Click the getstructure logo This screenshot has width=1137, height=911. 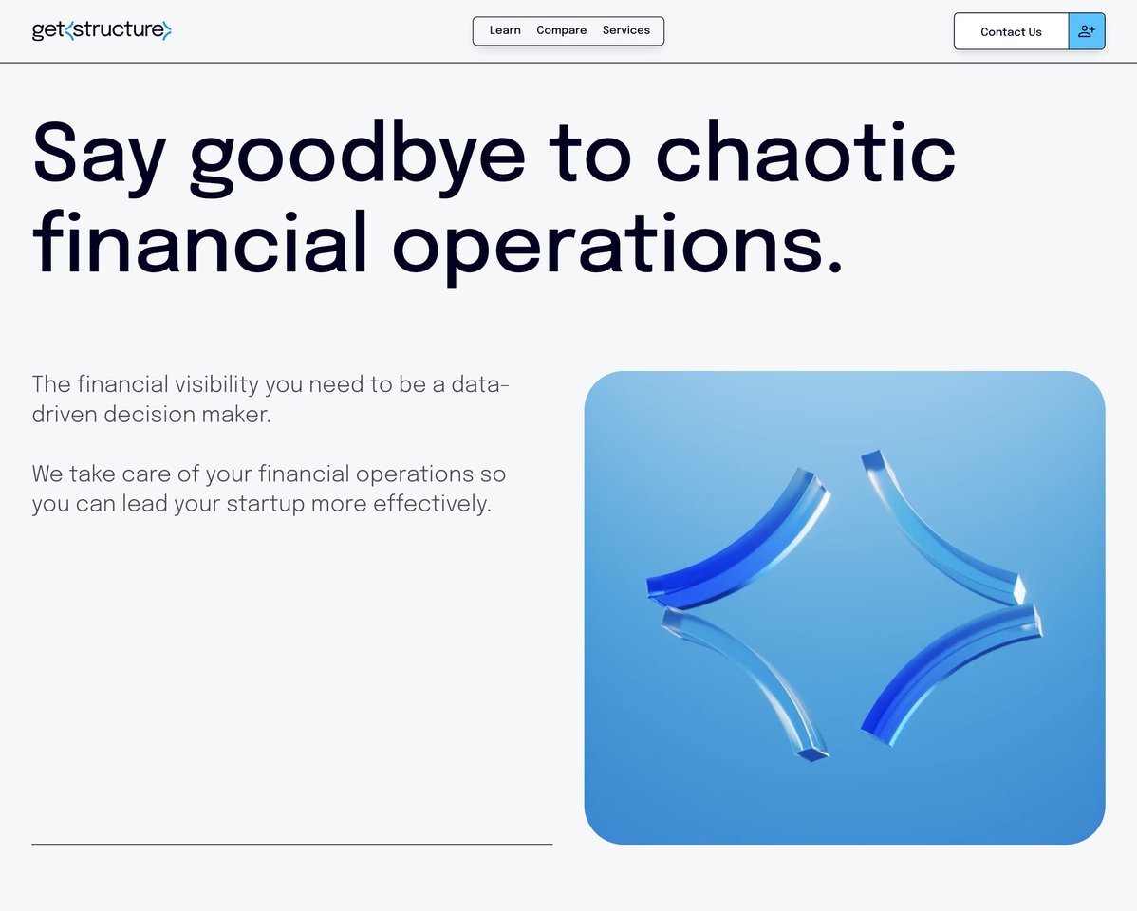pos(102,30)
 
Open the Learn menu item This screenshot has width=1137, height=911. pos(505,30)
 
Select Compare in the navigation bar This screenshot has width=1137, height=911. pos(561,30)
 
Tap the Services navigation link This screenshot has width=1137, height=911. pos(625,30)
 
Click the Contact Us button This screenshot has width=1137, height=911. pos(1011,32)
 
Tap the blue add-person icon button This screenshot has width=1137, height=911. pos(1087,31)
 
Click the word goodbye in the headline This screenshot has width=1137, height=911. pos(358,156)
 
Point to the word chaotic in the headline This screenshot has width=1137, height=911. pos(806,153)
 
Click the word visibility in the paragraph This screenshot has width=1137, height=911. pos(216,384)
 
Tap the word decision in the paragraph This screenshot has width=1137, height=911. pos(149,414)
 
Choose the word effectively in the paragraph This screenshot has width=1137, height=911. pos(432,504)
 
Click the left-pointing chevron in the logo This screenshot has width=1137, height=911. pos(69,30)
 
